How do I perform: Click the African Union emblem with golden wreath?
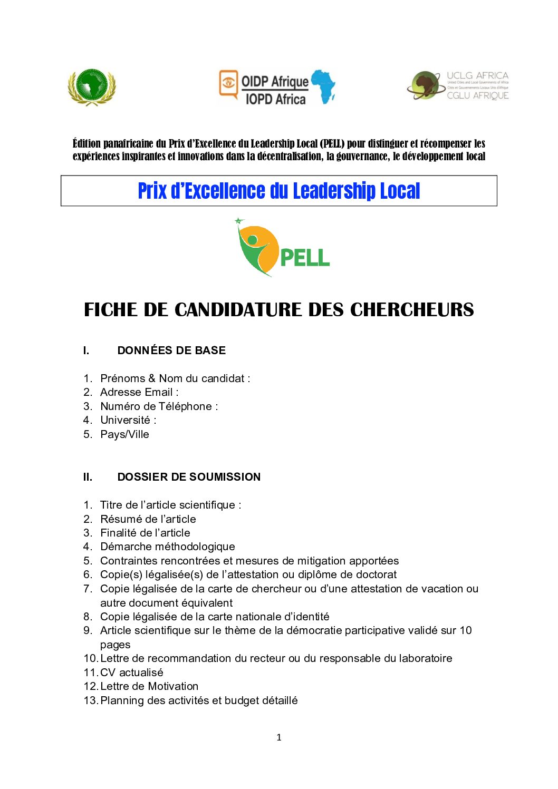[92, 87]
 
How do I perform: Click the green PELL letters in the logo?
[305, 258]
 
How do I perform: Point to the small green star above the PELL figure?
[239, 221]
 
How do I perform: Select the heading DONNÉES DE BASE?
[171, 350]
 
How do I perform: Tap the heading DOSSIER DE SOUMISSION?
[189, 477]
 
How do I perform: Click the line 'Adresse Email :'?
[139, 392]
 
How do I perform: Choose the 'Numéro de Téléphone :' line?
[159, 406]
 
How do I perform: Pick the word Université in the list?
[126, 420]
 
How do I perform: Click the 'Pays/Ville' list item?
[124, 434]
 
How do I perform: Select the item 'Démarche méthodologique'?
[168, 547]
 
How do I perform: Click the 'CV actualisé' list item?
[132, 673]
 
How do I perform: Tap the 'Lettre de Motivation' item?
[149, 686]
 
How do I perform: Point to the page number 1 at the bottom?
[279, 737]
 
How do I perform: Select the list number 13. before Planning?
[91, 700]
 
